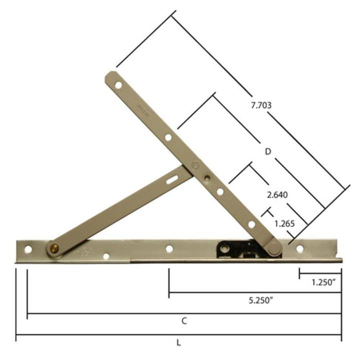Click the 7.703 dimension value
[x=262, y=105]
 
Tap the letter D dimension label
[x=268, y=151]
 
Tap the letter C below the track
[x=184, y=321]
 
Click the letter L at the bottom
[x=178, y=343]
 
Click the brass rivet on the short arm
[x=53, y=247]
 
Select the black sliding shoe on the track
[x=235, y=248]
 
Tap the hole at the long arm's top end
[x=118, y=85]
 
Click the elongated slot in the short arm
[x=173, y=178]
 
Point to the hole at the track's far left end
[x=28, y=249]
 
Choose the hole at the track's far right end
[x=299, y=248]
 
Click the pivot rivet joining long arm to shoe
[x=273, y=248]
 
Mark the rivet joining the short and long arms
[x=206, y=176]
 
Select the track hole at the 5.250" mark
[x=169, y=248]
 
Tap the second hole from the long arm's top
[x=168, y=137]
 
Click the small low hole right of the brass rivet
[x=106, y=256]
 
